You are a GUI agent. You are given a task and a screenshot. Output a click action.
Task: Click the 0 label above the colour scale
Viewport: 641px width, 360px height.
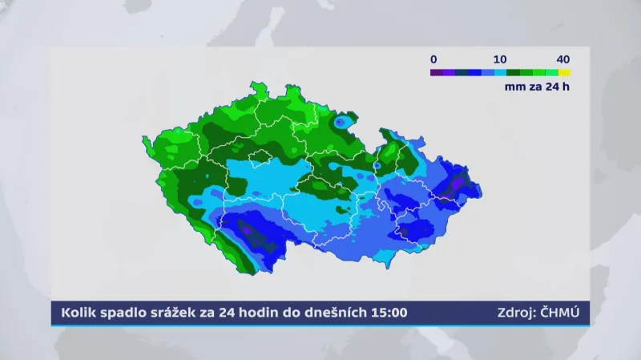coord(433,59)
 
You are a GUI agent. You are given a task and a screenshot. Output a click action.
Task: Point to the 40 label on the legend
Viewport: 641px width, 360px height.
coord(563,59)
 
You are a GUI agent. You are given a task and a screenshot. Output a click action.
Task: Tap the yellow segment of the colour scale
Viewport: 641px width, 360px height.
coord(565,72)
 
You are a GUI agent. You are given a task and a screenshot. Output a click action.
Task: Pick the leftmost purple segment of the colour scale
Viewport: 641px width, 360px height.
coord(436,72)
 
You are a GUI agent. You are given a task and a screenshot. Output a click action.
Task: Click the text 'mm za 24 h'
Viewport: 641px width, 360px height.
coord(537,87)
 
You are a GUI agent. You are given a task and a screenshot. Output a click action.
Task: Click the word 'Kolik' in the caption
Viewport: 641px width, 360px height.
coord(75,313)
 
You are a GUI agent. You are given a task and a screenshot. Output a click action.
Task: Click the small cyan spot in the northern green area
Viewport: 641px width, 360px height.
coord(343,122)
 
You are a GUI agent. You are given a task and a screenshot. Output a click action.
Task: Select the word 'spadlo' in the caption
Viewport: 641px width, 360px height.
coord(124,313)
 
